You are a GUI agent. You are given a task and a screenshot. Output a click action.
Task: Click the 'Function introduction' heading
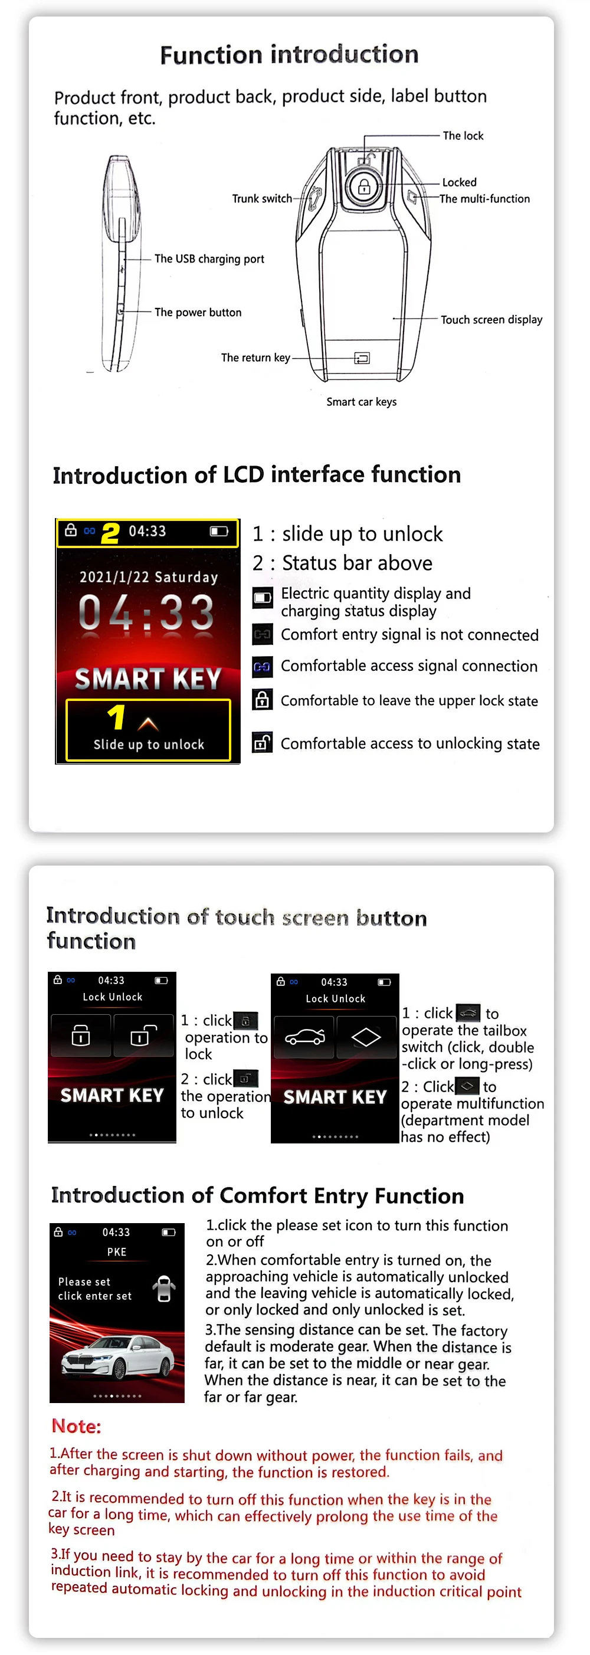tap(289, 55)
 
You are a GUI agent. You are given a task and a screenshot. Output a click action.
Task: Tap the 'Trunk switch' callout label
tap(261, 198)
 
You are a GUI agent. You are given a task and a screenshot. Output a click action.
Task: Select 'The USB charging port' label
tap(209, 259)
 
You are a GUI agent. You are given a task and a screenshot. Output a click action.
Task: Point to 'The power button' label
tap(198, 312)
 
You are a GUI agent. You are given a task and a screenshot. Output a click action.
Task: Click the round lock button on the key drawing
tap(364, 187)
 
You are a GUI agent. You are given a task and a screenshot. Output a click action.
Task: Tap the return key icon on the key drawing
tap(362, 358)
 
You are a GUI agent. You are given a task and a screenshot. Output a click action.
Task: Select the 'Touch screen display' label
tap(491, 319)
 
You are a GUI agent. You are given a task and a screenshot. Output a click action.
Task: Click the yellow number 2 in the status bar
tap(110, 533)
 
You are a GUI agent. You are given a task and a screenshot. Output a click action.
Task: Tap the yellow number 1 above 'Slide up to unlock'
tap(116, 717)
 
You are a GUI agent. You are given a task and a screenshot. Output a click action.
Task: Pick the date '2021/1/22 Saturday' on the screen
tap(149, 576)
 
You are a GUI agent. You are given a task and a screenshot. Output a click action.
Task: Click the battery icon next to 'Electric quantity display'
tap(262, 598)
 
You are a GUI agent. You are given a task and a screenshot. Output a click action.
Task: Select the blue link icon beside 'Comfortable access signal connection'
tap(262, 667)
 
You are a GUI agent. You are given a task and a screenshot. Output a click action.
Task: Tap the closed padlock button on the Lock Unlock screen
tap(81, 1035)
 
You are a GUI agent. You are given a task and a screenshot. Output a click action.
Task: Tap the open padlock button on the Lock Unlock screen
tap(143, 1035)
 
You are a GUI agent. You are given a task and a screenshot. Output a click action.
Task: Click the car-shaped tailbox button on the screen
tap(304, 1036)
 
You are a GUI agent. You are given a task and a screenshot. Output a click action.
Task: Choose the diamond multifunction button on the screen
tap(366, 1036)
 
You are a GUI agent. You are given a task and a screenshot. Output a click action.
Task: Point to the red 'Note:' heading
tap(77, 1426)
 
